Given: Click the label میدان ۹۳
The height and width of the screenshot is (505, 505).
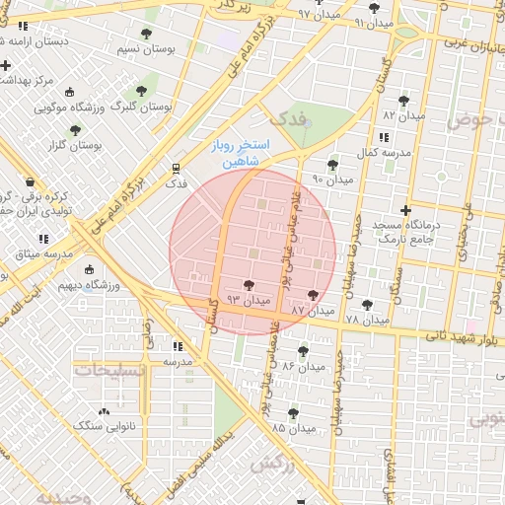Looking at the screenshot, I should [x=249, y=298].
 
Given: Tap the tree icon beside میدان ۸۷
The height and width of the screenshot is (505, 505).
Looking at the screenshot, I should [x=314, y=295].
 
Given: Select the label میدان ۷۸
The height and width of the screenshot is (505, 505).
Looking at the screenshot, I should [x=367, y=321].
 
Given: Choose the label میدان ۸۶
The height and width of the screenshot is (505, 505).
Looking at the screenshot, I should [x=304, y=366].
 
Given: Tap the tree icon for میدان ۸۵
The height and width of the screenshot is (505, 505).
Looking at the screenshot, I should [x=293, y=413].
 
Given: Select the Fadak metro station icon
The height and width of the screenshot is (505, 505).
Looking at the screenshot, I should [x=177, y=169].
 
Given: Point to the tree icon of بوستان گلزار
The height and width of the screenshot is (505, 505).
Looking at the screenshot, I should [x=76, y=130].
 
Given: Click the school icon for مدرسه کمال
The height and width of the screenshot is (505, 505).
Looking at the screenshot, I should [x=384, y=137].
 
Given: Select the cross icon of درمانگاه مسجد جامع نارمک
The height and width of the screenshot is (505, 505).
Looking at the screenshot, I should [x=405, y=210].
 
